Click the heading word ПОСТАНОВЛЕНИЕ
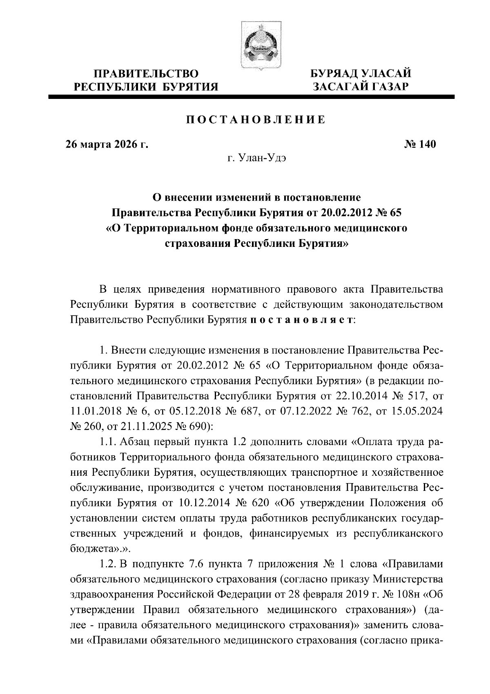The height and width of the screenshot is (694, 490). coord(256,120)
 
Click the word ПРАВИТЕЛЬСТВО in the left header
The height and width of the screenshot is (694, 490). coord(146,74)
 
